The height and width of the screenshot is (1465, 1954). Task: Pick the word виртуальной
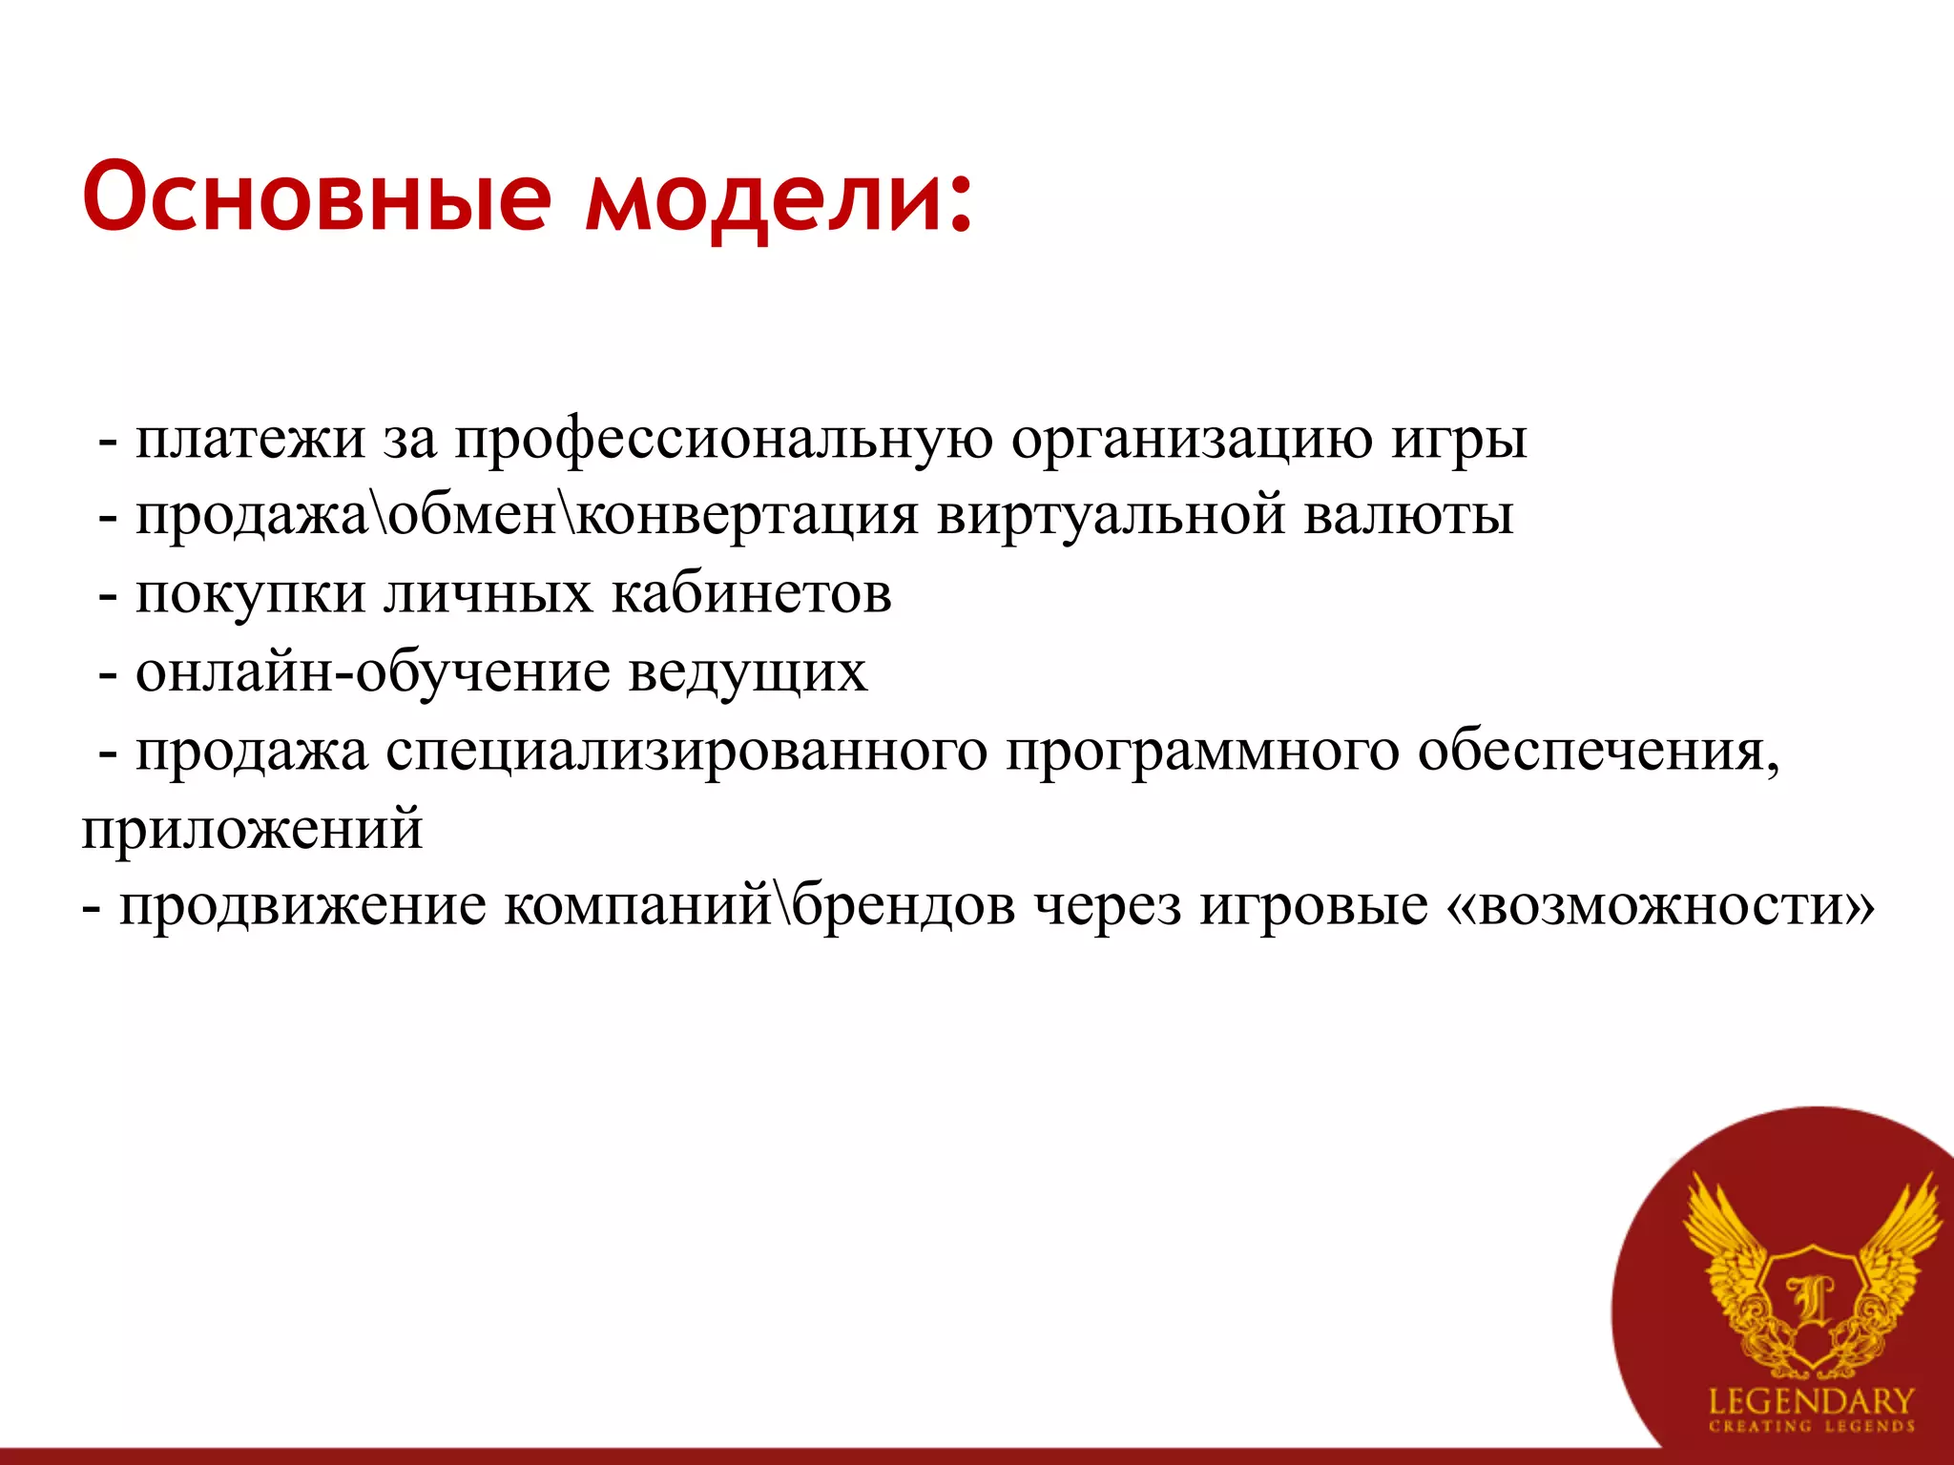click(1112, 516)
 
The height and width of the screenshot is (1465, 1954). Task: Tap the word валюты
click(1408, 516)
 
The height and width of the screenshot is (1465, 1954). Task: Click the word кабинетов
click(752, 593)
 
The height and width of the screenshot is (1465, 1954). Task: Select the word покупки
click(250, 595)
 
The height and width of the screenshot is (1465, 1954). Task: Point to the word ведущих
click(748, 673)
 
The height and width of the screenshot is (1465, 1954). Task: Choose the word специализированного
click(687, 752)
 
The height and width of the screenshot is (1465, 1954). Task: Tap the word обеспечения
click(1597, 752)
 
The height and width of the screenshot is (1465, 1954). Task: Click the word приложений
click(252, 829)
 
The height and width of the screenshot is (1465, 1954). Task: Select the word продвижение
click(302, 906)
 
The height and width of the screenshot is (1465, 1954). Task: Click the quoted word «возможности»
click(1661, 906)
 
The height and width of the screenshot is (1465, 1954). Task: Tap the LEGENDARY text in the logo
click(1811, 1401)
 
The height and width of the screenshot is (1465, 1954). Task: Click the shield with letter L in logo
click(1810, 1306)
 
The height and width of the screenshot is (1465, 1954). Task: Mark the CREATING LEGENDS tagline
click(1811, 1427)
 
